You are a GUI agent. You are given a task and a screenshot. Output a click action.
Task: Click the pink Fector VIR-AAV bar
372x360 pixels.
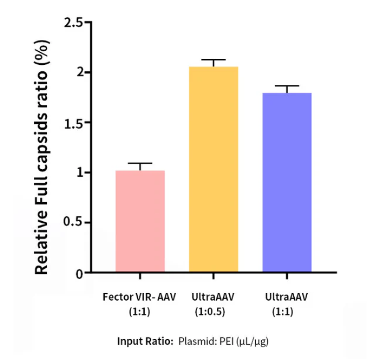(140, 221)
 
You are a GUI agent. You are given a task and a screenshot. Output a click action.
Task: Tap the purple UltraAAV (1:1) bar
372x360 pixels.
(287, 182)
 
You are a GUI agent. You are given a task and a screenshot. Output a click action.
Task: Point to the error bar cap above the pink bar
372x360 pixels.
(140, 163)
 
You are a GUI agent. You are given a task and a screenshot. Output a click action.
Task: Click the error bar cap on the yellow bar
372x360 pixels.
(213, 60)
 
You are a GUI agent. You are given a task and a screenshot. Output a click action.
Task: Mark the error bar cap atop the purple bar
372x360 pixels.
(287, 86)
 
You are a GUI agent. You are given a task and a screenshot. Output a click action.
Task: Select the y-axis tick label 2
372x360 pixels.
(79, 72)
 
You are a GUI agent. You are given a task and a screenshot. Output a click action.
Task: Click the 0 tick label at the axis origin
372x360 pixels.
(79, 274)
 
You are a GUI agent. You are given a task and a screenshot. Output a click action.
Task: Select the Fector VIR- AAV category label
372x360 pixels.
(139, 297)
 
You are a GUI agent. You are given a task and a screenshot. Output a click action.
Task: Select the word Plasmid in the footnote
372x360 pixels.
(193, 342)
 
